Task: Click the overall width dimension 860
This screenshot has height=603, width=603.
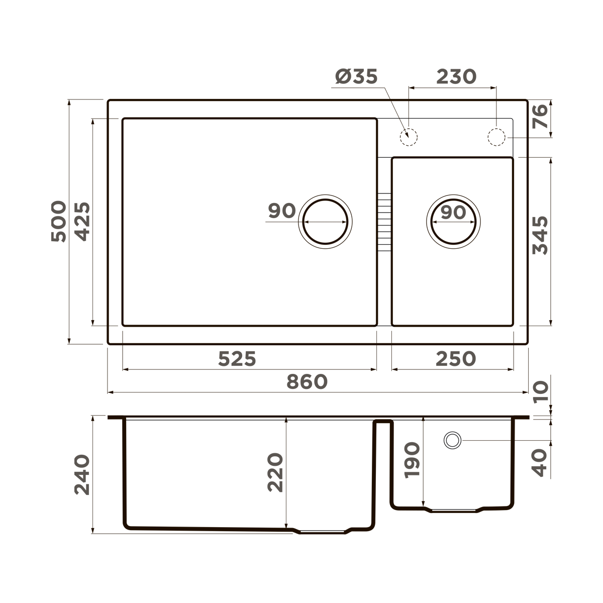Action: (307, 382)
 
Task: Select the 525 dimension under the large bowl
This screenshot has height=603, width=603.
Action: (237, 359)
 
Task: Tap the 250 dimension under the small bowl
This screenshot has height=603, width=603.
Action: (455, 359)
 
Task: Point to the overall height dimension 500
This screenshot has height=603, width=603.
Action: (59, 222)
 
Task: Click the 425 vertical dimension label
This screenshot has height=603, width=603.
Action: (81, 222)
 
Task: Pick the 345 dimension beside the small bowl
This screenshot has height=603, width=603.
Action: (540, 236)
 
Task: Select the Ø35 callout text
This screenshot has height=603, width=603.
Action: (356, 77)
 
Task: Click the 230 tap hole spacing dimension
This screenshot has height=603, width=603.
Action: (456, 77)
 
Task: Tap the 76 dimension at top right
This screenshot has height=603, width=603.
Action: (540, 117)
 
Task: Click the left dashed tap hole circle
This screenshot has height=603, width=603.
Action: (409, 136)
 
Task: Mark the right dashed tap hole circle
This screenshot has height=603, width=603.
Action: (496, 137)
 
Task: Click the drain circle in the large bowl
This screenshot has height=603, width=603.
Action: (325, 221)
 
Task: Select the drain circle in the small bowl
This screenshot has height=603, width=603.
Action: (453, 221)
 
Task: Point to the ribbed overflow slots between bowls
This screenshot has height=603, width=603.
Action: (383, 222)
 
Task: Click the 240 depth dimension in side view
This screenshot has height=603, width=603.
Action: (82, 475)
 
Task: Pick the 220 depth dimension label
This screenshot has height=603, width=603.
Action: (275, 472)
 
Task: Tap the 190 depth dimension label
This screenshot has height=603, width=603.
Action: (412, 460)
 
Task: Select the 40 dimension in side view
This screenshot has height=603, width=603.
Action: (540, 463)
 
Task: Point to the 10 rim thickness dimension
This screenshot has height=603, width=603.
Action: (540, 392)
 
